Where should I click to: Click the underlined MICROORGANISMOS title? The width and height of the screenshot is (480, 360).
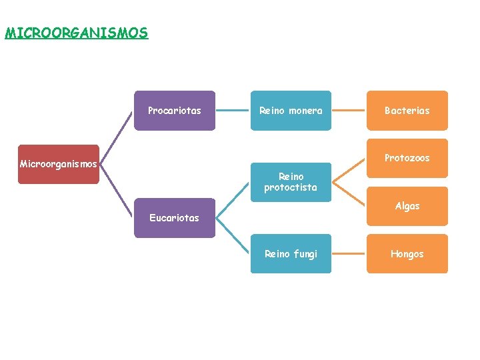[76, 33]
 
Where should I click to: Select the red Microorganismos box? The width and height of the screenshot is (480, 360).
[59, 164]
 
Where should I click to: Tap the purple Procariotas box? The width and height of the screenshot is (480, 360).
[175, 111]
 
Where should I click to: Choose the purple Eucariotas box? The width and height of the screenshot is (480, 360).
[175, 218]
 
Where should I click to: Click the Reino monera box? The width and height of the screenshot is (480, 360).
[291, 111]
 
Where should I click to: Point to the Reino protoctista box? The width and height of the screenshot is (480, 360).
[291, 182]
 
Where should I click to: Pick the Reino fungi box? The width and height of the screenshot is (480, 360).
[291, 254]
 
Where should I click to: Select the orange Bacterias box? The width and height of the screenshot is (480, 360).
[407, 111]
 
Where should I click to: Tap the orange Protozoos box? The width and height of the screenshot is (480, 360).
[407, 158]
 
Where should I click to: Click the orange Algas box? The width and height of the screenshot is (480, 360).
[407, 207]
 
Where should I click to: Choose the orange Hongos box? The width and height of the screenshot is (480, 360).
[407, 254]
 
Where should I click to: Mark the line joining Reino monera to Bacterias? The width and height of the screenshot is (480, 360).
[349, 111]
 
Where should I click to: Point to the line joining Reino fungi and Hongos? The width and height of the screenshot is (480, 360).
[349, 254]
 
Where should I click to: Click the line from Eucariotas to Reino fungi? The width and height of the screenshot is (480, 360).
[233, 236]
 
